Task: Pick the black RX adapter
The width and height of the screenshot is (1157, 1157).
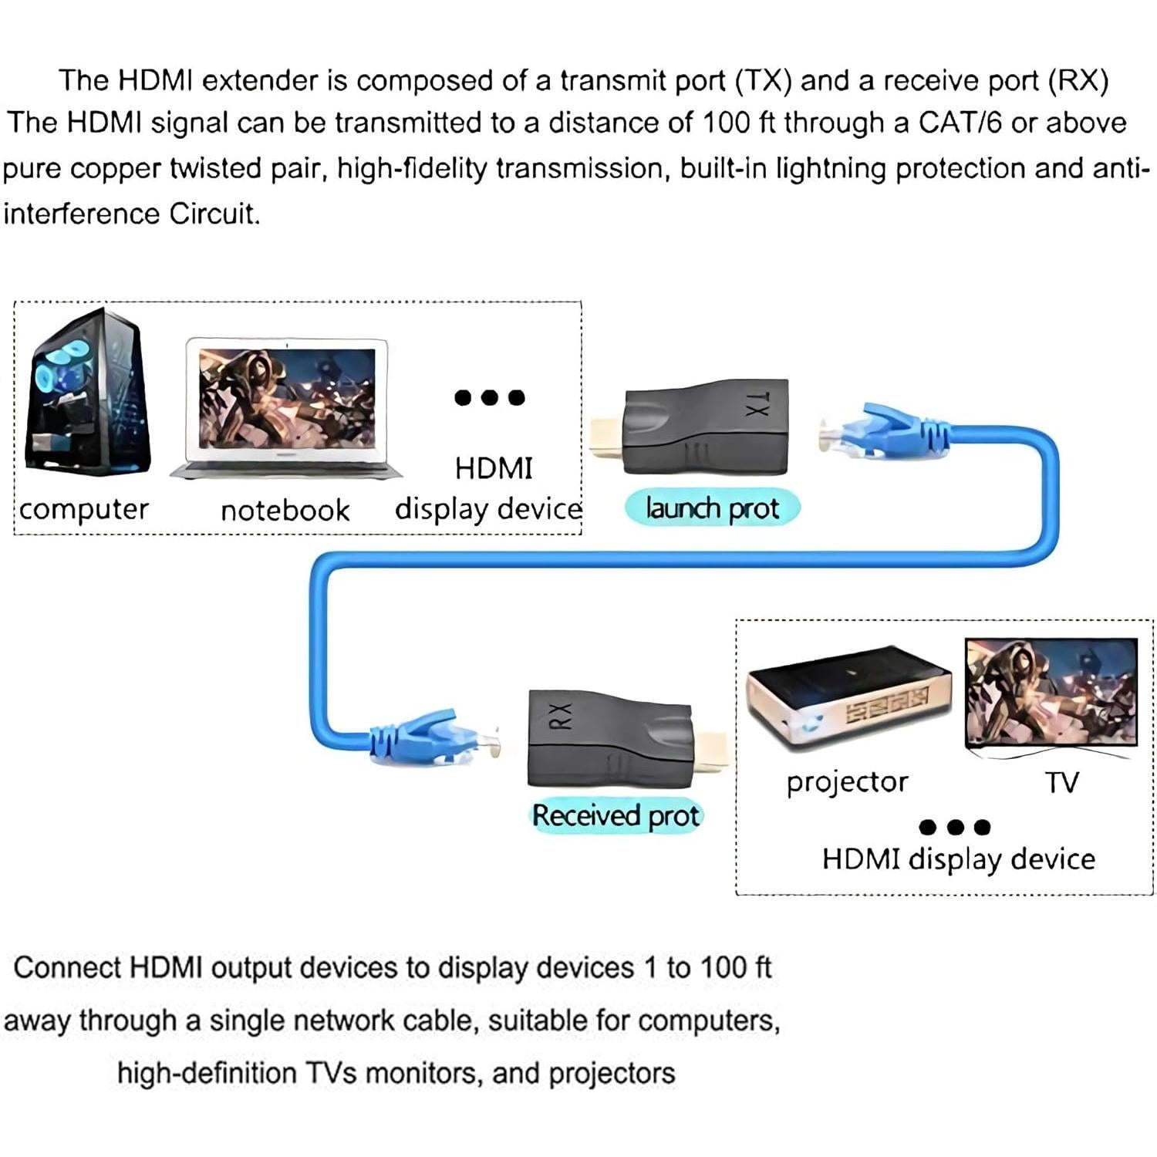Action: click(x=609, y=738)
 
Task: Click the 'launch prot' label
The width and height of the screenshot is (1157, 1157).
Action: click(x=712, y=509)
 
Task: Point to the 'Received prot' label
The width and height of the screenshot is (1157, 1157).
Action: click(x=616, y=816)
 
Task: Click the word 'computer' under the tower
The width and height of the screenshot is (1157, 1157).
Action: click(x=84, y=510)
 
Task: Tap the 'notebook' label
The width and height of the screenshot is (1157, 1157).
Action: click(x=285, y=511)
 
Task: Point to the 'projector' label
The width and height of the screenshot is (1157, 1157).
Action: click(x=847, y=782)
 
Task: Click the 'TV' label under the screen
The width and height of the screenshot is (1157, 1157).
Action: click(x=1062, y=783)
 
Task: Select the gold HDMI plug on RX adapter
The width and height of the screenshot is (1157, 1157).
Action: click(x=710, y=753)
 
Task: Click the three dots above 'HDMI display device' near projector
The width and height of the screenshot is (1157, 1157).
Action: click(x=955, y=828)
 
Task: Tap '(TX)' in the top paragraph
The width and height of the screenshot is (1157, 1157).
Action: click(x=763, y=81)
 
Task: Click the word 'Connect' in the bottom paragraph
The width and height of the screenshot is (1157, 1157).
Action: click(x=68, y=968)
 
